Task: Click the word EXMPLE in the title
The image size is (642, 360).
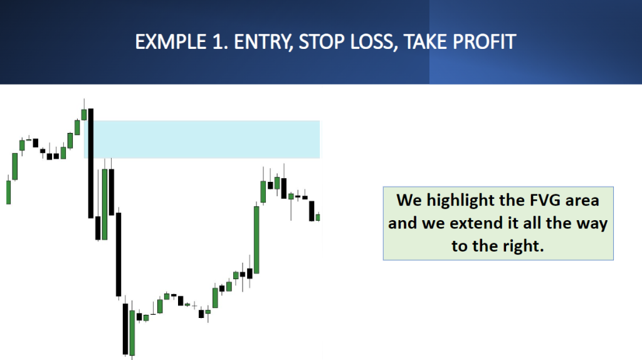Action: tap(171, 42)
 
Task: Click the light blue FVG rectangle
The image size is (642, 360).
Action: tap(202, 139)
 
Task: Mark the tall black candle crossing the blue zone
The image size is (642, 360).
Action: tap(91, 164)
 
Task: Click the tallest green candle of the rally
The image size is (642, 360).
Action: tap(256, 240)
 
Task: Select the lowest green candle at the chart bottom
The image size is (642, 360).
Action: tap(132, 332)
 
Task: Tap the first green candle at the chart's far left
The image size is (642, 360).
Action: tap(8, 192)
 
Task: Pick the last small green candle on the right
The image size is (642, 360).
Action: tap(318, 218)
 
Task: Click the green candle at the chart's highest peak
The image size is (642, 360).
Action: tap(84, 114)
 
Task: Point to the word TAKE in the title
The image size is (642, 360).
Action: tap(426, 42)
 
